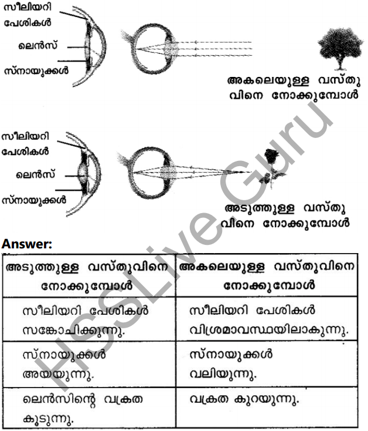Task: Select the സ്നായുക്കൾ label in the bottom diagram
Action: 35,200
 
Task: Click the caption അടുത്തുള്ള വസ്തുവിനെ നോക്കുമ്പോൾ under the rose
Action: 287,215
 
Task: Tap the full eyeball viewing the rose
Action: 152,170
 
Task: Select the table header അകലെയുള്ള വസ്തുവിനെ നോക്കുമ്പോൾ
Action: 269,277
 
